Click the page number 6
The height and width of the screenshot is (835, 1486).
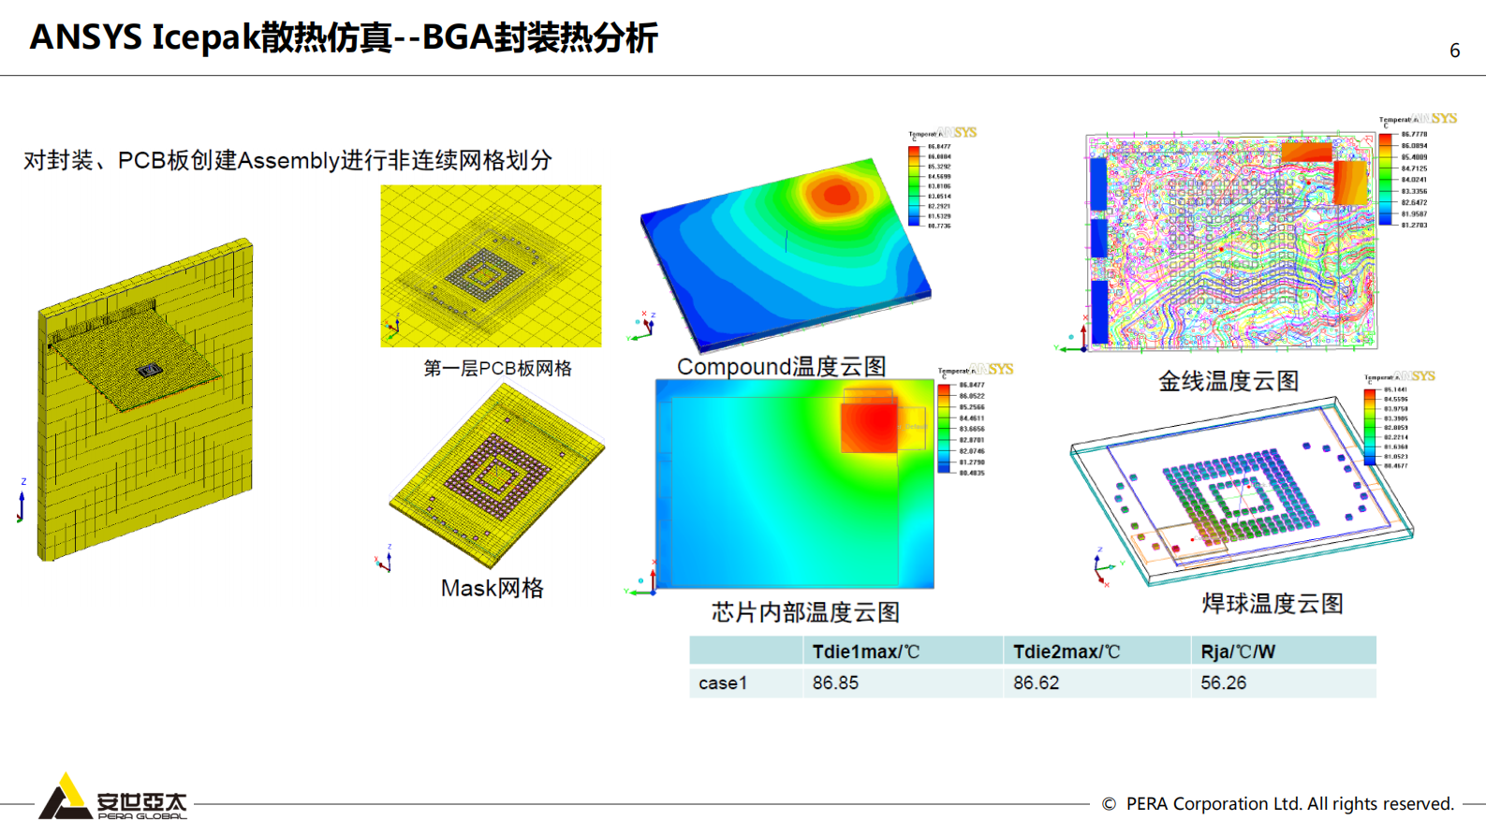[x=1454, y=51]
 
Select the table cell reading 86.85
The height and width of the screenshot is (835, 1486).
[x=835, y=683]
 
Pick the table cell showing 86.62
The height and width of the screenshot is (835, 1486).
[x=1036, y=683]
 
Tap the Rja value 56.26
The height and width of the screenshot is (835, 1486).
[x=1223, y=683]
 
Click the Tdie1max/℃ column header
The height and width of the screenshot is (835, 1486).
[x=866, y=652]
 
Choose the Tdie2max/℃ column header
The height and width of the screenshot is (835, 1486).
[x=1067, y=652]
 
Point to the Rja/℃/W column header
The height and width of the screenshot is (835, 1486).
[x=1238, y=652]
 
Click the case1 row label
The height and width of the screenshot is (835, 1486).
[x=723, y=683]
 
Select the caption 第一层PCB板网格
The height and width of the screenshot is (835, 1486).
[x=497, y=369]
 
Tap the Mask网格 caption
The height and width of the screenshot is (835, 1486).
[x=493, y=588]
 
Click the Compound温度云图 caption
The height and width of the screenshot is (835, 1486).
[x=781, y=366]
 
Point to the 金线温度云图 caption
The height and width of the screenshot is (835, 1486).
[x=1228, y=381]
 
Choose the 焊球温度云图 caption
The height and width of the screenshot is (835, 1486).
[x=1272, y=604]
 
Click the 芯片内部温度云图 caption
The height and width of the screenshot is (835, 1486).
[x=805, y=612]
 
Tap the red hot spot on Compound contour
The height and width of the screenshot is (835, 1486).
[x=836, y=195]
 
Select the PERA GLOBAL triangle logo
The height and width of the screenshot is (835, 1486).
[x=64, y=797]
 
